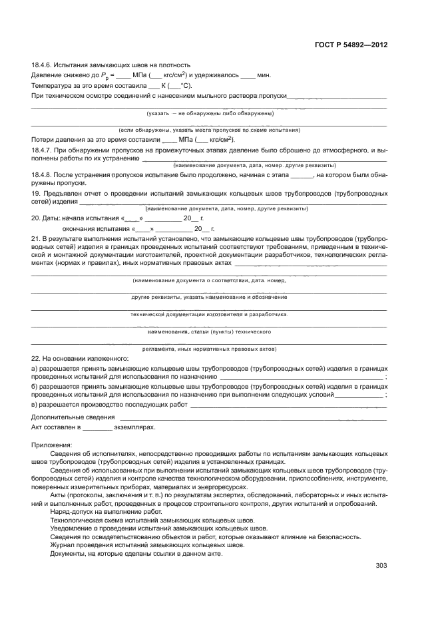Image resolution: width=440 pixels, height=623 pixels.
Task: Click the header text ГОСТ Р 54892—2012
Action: [x=350, y=45]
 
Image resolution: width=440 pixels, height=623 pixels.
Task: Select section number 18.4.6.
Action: [x=43, y=65]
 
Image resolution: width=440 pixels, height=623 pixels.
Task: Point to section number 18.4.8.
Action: [x=43, y=174]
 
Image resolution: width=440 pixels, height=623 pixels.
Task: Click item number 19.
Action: [x=36, y=193]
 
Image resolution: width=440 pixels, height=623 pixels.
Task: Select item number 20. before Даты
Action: [x=37, y=218]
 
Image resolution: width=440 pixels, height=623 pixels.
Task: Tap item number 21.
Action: [x=37, y=238]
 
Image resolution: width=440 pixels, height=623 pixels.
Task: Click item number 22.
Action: [x=37, y=358]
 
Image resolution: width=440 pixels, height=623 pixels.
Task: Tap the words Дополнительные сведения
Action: [x=69, y=417]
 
